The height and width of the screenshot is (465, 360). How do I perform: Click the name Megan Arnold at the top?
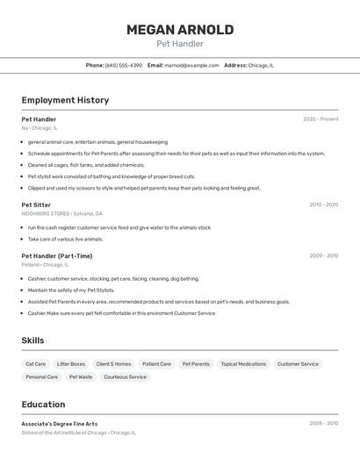point(180,30)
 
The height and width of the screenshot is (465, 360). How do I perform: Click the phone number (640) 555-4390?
point(124,65)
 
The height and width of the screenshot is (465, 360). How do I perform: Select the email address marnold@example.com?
point(191,65)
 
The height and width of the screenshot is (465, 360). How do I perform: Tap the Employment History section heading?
point(65,100)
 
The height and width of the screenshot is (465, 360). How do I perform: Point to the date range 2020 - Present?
point(320,119)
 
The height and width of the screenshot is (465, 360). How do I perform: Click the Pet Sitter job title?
point(36,204)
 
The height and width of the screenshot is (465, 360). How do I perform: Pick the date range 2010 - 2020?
point(323,204)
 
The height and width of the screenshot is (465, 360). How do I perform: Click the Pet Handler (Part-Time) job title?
point(56,256)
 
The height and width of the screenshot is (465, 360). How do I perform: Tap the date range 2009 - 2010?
point(323,256)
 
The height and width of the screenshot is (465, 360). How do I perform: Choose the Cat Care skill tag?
point(36,363)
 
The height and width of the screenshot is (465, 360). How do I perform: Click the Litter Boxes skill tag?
point(71,363)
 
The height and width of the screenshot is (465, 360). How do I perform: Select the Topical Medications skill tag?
point(243,363)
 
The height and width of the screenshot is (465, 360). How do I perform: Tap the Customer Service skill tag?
point(298,363)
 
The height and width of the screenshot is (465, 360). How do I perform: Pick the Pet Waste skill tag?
point(80,376)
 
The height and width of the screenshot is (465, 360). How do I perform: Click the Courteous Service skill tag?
point(125,376)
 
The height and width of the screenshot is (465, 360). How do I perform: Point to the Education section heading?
point(43,404)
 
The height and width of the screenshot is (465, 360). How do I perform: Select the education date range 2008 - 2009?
point(323,424)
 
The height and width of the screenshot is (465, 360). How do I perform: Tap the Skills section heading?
point(33,340)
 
